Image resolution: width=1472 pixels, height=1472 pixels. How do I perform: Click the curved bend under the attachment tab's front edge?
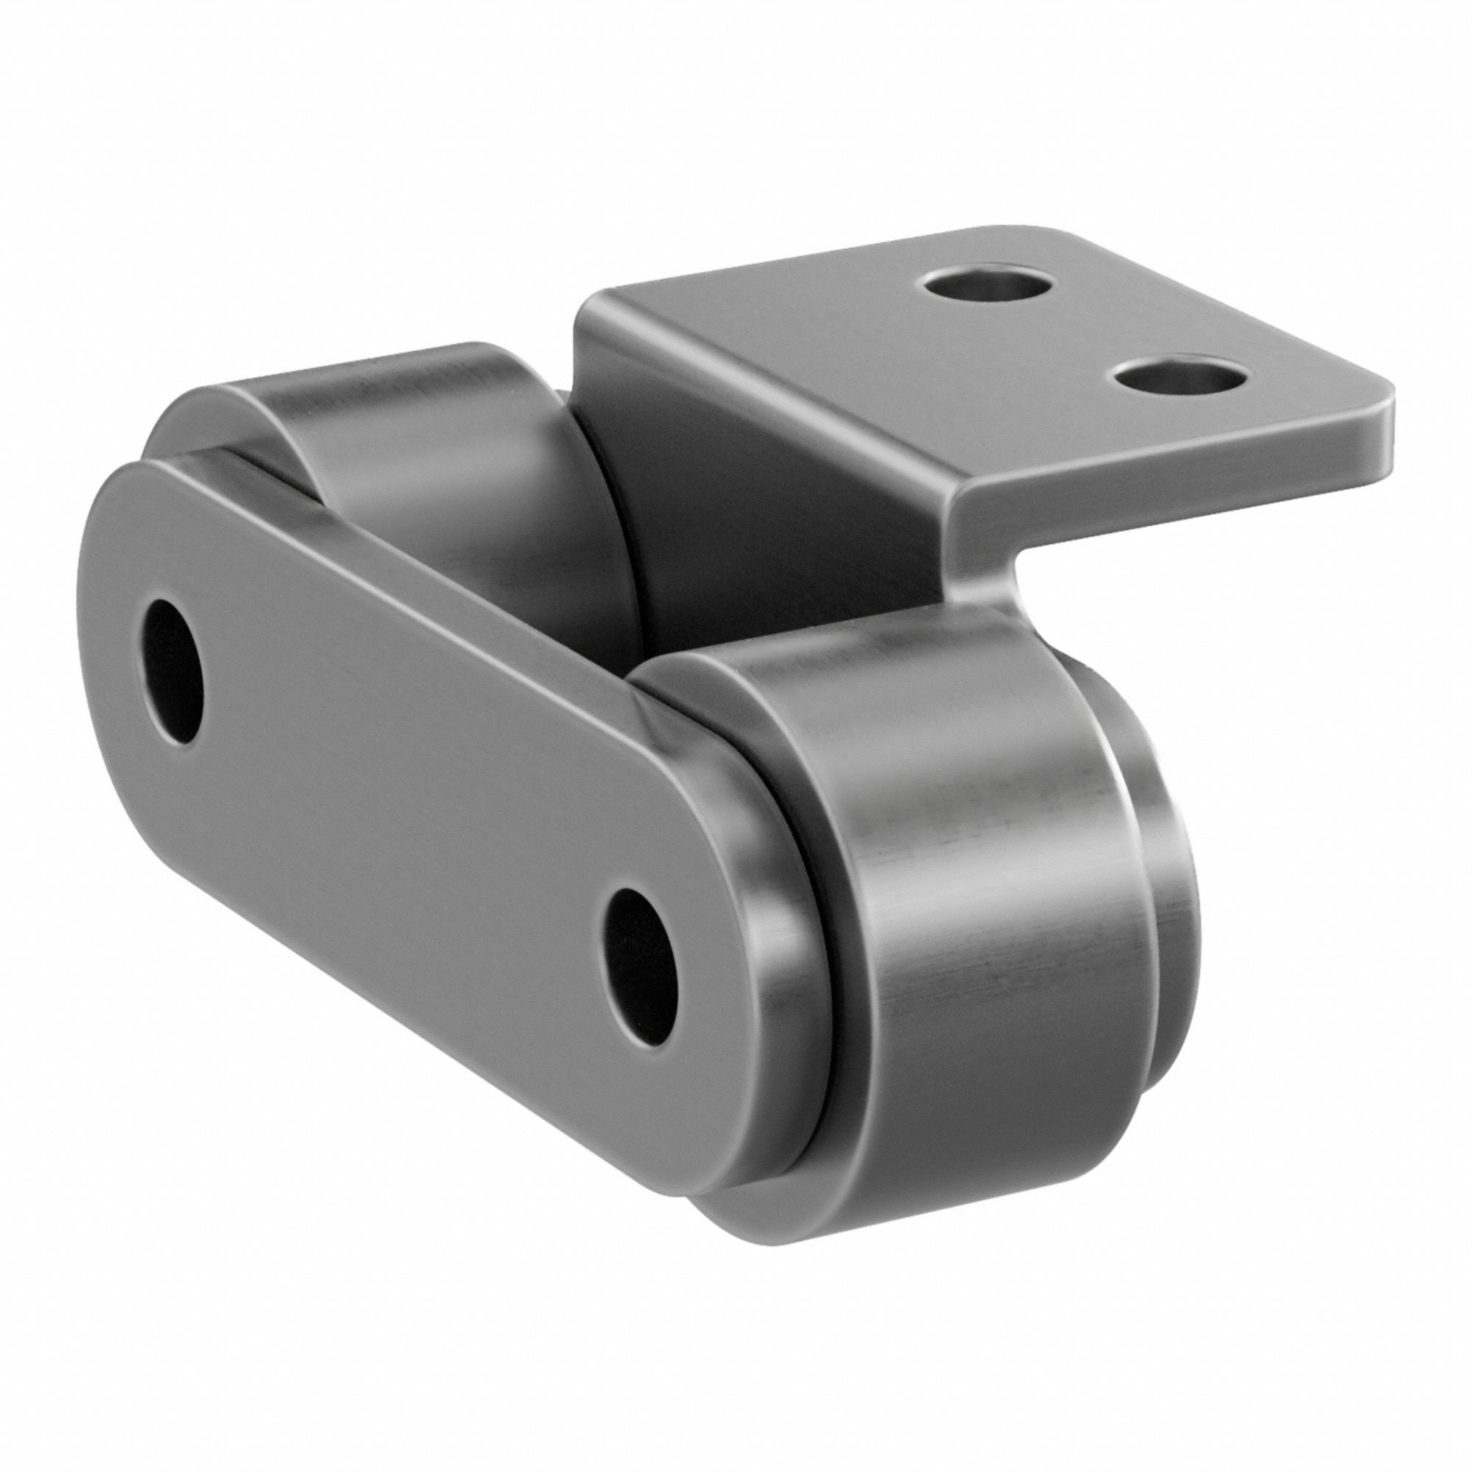(x=983, y=579)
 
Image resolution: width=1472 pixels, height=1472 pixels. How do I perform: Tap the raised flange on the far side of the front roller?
(x=1166, y=876)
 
